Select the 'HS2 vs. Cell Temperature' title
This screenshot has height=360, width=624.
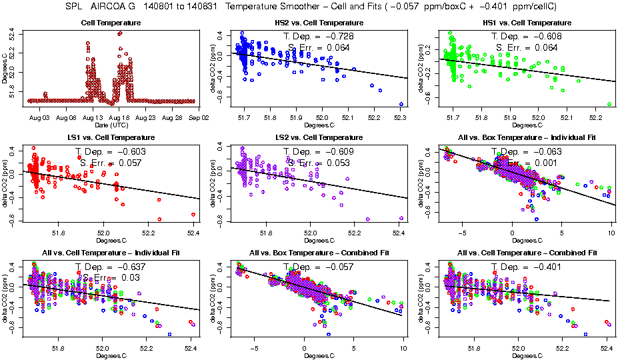(x=319, y=23)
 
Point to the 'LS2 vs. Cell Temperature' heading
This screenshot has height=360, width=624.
(x=319, y=138)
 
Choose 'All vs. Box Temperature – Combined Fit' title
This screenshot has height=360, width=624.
(x=319, y=253)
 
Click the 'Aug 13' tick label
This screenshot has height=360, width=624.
(x=93, y=117)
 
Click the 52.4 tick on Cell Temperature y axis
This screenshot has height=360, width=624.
(x=14, y=33)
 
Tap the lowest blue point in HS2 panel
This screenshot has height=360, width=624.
(x=401, y=104)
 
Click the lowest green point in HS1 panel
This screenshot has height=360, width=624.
(x=609, y=104)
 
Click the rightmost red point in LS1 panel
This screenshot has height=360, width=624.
(x=193, y=214)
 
